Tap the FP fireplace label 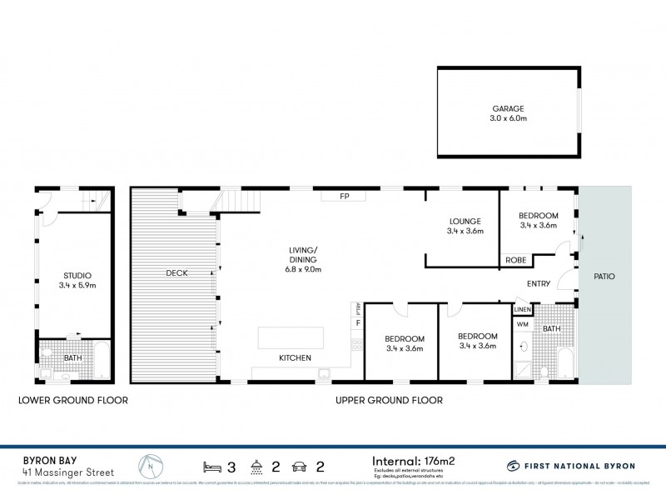[x=343, y=197]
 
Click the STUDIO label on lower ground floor [x=77, y=275]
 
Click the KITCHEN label [x=295, y=357]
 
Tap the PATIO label [x=604, y=277]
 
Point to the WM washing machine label [x=523, y=323]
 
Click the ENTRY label [x=539, y=284]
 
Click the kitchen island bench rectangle [x=291, y=337]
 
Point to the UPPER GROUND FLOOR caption [x=389, y=400]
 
